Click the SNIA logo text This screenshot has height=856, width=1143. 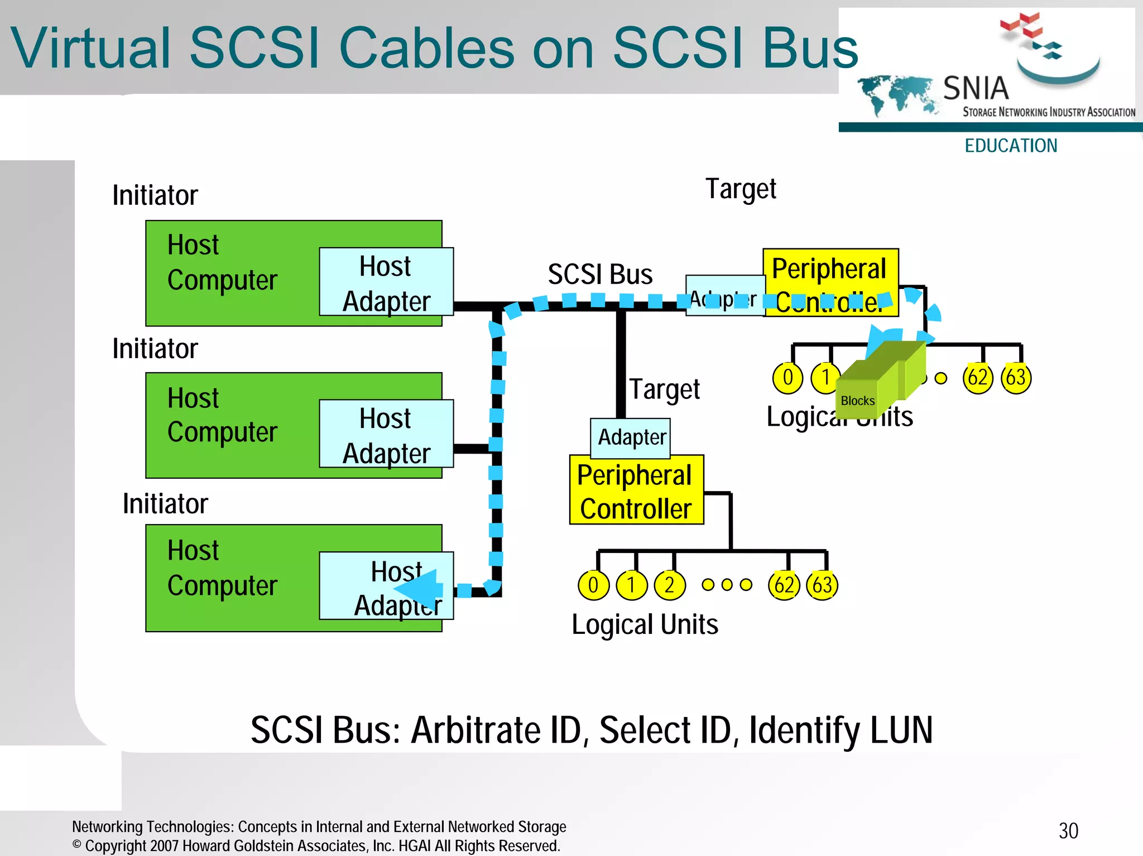point(976,89)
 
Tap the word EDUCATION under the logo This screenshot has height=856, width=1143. point(1011,146)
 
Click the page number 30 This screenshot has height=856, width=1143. point(1068,831)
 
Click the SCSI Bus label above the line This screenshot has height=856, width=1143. point(600,275)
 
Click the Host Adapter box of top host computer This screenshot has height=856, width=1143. point(386,282)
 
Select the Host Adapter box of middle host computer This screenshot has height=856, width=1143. point(386,434)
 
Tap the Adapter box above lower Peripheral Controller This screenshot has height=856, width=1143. point(631,437)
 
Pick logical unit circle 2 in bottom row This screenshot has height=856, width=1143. point(669,585)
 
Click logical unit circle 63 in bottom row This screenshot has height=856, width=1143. point(822,585)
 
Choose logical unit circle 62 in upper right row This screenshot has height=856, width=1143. point(978,378)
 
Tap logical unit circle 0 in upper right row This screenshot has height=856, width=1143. point(787,378)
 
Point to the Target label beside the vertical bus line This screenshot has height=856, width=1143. point(664,389)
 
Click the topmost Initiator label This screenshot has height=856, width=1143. point(155,195)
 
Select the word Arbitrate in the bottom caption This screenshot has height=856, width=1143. point(476,730)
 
